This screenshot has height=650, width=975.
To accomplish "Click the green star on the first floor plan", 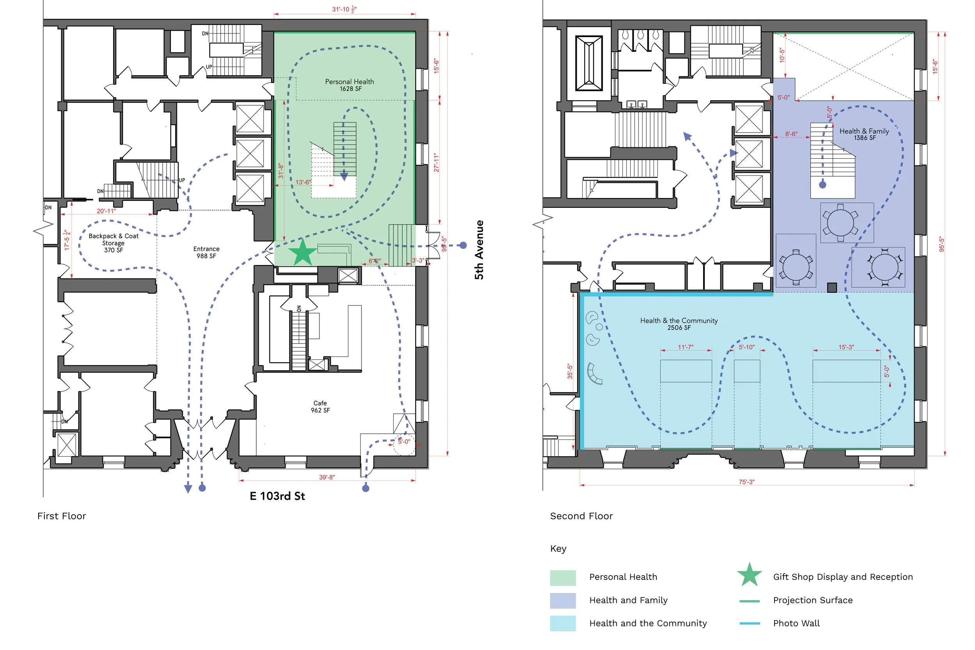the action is (303, 252).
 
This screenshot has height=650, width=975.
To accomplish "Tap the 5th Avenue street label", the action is (479, 250).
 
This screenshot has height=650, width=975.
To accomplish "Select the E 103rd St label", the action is (277, 496).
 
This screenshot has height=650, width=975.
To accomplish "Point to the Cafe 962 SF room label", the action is (321, 407).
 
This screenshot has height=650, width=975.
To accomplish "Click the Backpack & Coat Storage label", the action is (113, 243).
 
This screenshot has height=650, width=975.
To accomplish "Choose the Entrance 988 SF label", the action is (206, 252).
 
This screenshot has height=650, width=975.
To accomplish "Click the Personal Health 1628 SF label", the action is (349, 85).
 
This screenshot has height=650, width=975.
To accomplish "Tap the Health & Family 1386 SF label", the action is (864, 134).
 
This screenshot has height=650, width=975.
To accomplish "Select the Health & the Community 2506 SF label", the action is (679, 324).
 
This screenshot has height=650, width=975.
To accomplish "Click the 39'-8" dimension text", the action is (327, 477).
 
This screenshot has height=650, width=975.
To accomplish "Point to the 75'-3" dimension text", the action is (746, 482).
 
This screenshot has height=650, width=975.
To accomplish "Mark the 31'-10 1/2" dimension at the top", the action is (344, 9).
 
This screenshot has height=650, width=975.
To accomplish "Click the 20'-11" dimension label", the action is (106, 211).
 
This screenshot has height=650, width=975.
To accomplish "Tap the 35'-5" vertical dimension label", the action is (570, 372).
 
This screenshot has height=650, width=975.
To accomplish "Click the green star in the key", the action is (750, 575).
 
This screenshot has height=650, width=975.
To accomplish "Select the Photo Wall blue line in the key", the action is (750, 623).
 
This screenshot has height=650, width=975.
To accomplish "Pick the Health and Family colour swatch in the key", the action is (562, 600).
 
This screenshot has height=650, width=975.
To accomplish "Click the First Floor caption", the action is (62, 516).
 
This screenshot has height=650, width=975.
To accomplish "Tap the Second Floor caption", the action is (581, 516).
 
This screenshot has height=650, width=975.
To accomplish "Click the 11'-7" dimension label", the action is (686, 347).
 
